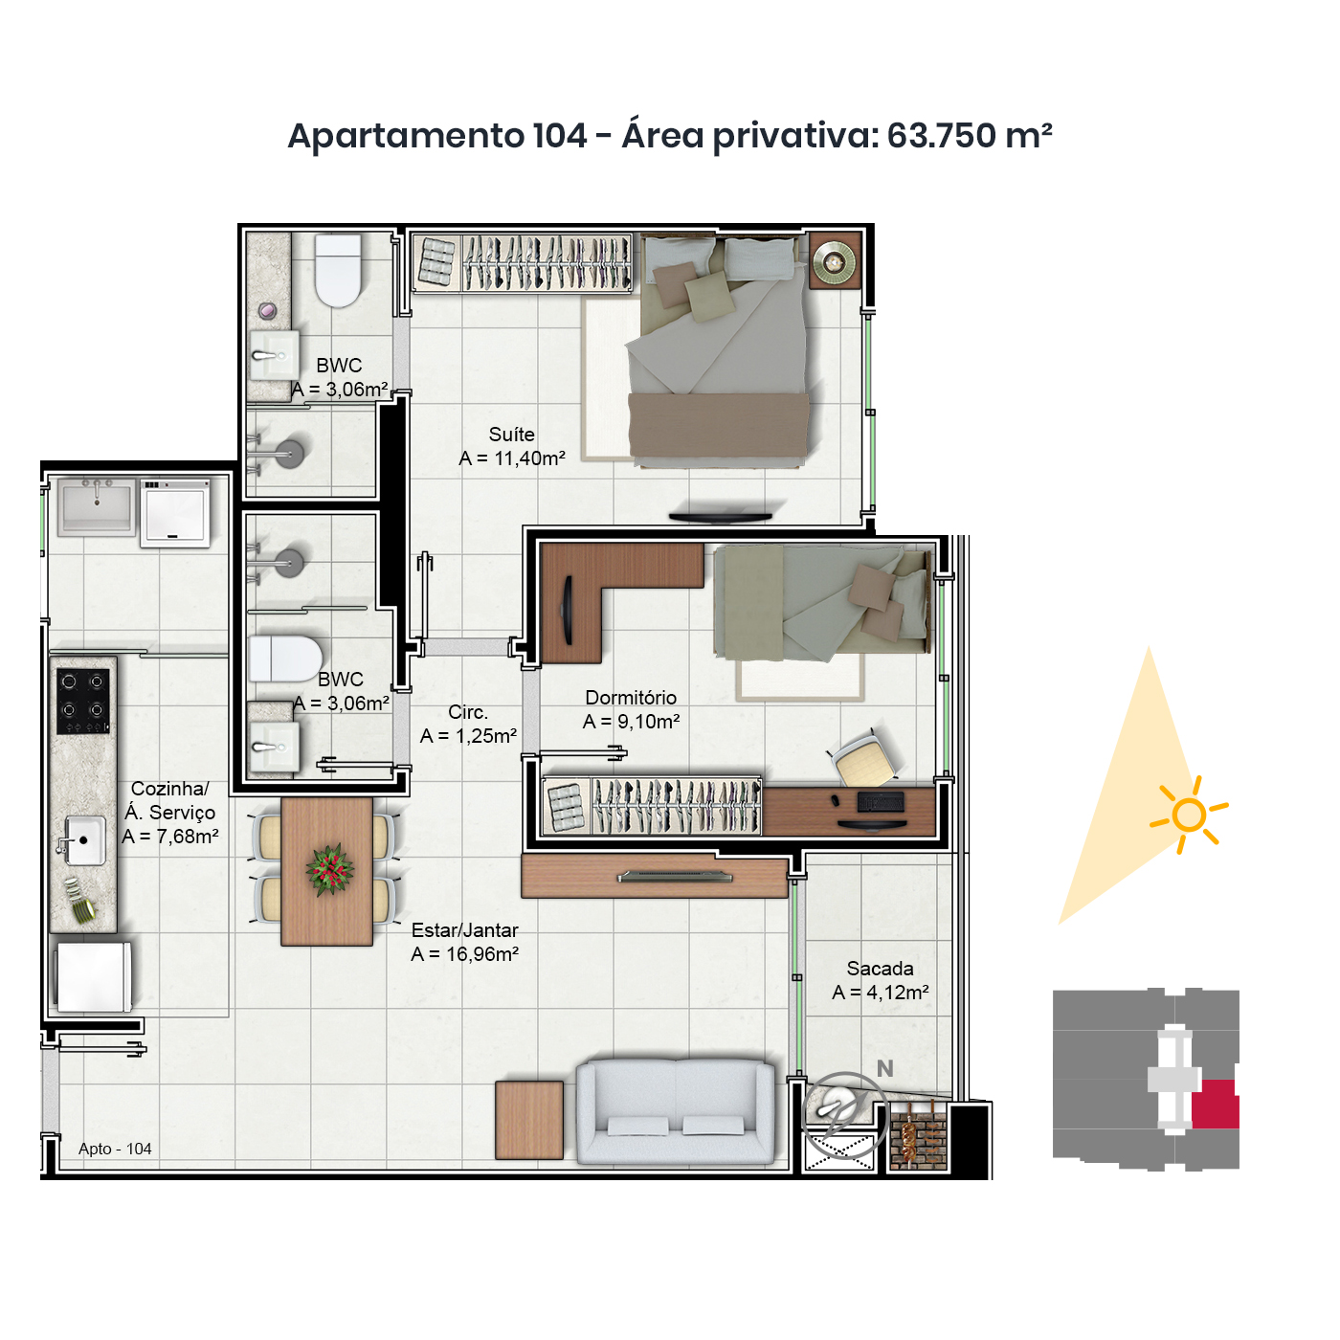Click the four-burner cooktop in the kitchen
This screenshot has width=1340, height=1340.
(82, 701)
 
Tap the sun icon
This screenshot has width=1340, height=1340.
(1189, 815)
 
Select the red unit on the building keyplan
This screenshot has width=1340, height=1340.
(1215, 1104)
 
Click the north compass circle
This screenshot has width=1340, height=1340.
(843, 1115)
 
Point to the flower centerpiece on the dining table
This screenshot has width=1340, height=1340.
(329, 869)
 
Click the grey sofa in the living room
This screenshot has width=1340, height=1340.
(675, 1110)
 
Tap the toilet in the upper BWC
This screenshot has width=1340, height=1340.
(338, 271)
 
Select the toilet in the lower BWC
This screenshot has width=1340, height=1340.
(285, 658)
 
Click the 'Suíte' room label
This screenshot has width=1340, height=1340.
(511, 435)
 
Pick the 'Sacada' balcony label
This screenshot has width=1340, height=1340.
(880, 968)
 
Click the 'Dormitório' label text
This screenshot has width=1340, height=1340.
(631, 698)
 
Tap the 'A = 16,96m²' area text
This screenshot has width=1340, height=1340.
(464, 954)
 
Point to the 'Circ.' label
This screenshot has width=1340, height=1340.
(468, 712)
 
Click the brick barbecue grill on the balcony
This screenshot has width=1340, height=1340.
(919, 1135)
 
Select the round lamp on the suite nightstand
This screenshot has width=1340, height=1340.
(835, 261)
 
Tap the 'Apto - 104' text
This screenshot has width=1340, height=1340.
(115, 1148)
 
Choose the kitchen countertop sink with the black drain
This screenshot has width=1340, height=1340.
(82, 840)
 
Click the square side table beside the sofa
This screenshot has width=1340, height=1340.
(529, 1120)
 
